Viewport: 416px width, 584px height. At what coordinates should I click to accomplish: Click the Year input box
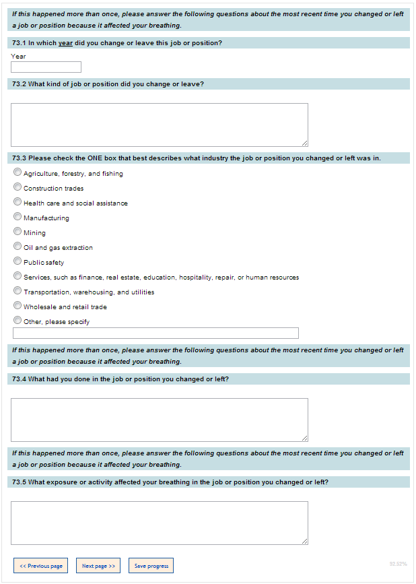pyautogui.click(x=46, y=67)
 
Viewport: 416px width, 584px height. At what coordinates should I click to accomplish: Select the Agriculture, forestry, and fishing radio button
pyautogui.click(x=18, y=172)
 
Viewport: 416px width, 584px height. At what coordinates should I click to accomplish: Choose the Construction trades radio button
pyautogui.click(x=18, y=187)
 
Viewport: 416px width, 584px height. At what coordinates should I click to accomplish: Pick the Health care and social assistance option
pyautogui.click(x=18, y=202)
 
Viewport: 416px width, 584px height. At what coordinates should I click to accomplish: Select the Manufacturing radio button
pyautogui.click(x=18, y=217)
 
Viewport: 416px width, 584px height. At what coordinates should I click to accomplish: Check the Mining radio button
pyautogui.click(x=18, y=232)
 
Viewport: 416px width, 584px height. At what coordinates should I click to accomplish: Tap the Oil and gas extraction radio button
pyautogui.click(x=18, y=247)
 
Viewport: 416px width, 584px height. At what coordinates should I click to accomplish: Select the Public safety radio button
pyautogui.click(x=18, y=261)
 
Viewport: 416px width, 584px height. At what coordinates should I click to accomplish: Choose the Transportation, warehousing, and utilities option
pyautogui.click(x=18, y=291)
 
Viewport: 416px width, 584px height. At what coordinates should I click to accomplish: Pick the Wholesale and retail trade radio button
pyautogui.click(x=18, y=306)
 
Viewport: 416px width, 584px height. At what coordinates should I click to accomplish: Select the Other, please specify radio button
pyautogui.click(x=18, y=321)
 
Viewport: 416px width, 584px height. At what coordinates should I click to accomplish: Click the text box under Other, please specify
pyautogui.click(x=155, y=333)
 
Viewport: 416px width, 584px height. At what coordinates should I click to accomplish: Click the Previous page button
pyautogui.click(x=41, y=566)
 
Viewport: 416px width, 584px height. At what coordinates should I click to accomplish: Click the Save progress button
pyautogui.click(x=151, y=566)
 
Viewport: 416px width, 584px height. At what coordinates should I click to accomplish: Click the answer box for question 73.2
pyautogui.click(x=160, y=125)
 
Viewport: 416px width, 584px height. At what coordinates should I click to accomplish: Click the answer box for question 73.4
pyautogui.click(x=160, y=420)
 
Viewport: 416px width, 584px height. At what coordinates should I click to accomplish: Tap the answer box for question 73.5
pyautogui.click(x=160, y=523)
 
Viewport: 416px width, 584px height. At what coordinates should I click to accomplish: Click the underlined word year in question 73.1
pyautogui.click(x=65, y=43)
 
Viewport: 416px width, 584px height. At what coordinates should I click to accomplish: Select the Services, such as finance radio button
pyautogui.click(x=18, y=276)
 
